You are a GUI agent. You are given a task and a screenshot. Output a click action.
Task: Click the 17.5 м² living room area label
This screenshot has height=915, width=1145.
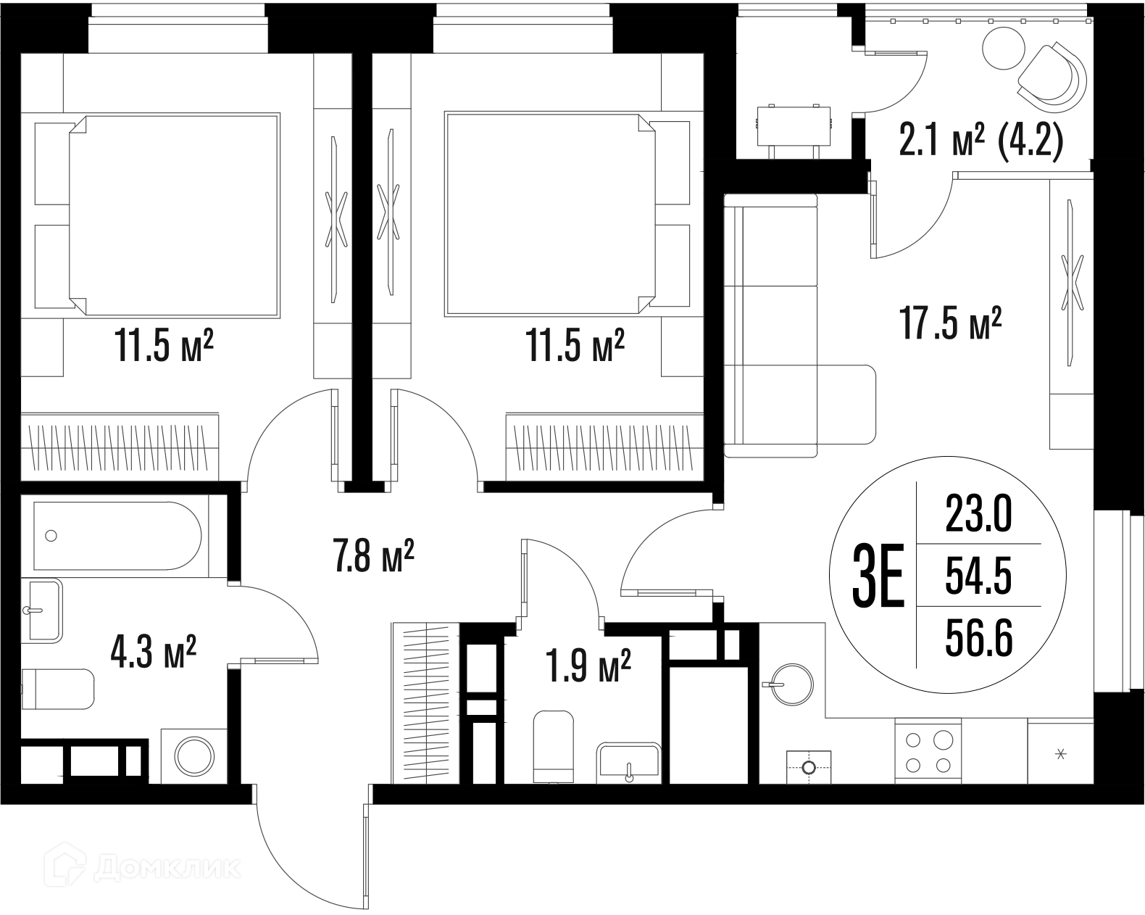click(950, 323)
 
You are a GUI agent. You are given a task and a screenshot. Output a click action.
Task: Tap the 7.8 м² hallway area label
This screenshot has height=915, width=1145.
click(373, 555)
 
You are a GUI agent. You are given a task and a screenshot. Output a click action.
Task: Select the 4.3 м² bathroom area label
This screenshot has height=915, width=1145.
click(154, 652)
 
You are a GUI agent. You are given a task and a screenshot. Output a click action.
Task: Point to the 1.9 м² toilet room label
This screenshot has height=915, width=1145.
click(588, 666)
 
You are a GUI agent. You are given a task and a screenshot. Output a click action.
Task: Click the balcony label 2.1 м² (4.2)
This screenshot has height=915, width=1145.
click(981, 140)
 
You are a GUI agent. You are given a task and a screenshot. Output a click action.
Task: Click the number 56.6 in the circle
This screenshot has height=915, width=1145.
click(979, 639)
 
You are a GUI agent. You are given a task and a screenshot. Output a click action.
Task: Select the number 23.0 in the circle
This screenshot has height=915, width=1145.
click(979, 514)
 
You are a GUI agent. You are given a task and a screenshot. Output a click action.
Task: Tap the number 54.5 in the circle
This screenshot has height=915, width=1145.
click(979, 577)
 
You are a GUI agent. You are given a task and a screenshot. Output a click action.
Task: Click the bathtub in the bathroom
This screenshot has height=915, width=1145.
click(117, 536)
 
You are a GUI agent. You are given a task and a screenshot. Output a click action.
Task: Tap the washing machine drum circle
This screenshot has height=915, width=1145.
click(195, 756)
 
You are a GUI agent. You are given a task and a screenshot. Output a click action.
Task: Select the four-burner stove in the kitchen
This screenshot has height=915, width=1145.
click(928, 751)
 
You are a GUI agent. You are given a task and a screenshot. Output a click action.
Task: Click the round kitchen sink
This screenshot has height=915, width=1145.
click(791, 684)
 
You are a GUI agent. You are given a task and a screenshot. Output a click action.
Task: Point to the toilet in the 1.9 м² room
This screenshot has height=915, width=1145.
click(554, 747)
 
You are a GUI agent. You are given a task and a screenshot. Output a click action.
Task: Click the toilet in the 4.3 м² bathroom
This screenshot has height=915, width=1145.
click(57, 690)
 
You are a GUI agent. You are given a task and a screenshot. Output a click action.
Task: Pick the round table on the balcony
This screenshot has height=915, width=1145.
click(1004, 48)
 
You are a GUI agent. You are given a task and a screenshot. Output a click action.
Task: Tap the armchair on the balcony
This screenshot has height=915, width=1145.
click(1052, 78)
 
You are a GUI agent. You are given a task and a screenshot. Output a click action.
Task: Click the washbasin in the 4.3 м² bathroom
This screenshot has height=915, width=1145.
click(42, 610)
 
